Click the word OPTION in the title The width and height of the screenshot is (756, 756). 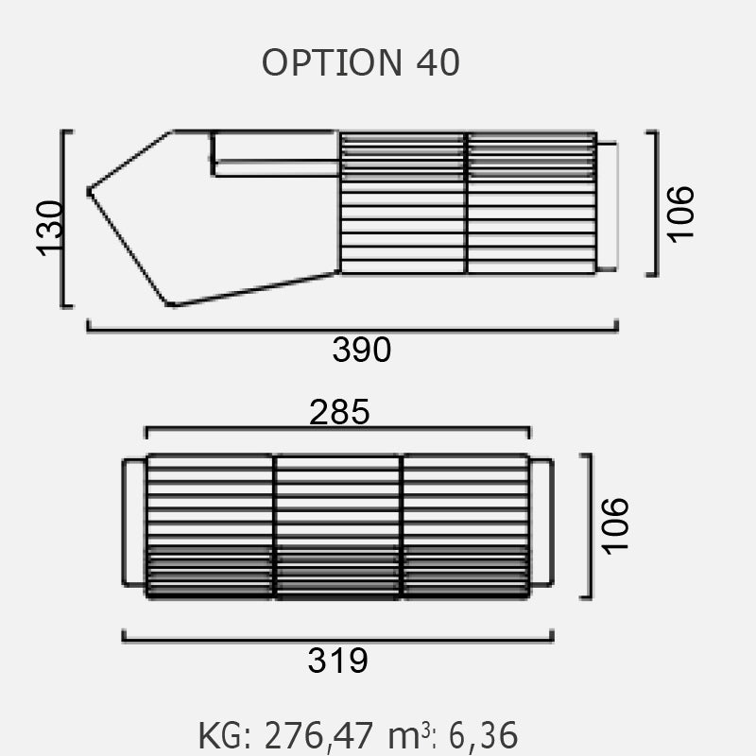click(x=332, y=62)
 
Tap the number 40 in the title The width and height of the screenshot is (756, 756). click(x=438, y=62)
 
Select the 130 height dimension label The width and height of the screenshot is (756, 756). click(x=50, y=229)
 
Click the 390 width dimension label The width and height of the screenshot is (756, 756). click(x=362, y=350)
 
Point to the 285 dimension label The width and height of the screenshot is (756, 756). click(x=339, y=412)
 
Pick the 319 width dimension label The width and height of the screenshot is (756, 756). click(x=338, y=661)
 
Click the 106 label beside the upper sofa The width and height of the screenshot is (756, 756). click(x=680, y=215)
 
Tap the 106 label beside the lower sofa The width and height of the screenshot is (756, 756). click(x=615, y=526)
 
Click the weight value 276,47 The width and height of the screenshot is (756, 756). click(x=318, y=736)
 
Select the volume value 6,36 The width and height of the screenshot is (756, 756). click(x=483, y=735)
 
